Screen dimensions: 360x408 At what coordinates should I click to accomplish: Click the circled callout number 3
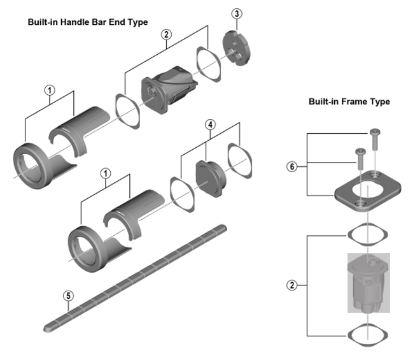pyautogui.click(x=237, y=13)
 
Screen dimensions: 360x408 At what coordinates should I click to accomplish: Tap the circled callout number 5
pyautogui.click(x=69, y=295)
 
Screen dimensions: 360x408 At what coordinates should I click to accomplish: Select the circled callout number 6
pyautogui.click(x=292, y=166)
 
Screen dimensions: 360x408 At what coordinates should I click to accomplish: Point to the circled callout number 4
pyautogui.click(x=209, y=126)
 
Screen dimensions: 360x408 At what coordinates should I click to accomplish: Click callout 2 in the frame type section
pyautogui.click(x=292, y=285)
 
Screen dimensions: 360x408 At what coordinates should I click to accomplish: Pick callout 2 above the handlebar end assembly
pyautogui.click(x=167, y=34)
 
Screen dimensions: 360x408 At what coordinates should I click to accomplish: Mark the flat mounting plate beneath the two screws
pyautogui.click(x=365, y=191)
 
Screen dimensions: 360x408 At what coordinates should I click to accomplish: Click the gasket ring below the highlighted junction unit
pyautogui.click(x=365, y=334)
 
